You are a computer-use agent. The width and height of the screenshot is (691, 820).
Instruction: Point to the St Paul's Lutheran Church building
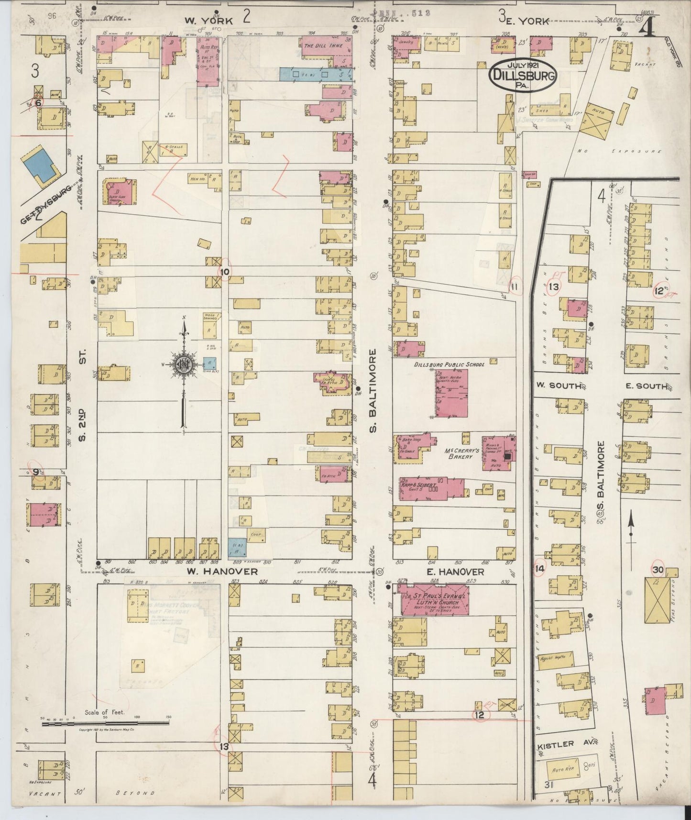pyautogui.click(x=434, y=599)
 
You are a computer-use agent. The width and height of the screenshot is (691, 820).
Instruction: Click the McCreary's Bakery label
pyautogui.click(x=458, y=453)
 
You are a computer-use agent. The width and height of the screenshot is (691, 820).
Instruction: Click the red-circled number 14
pyautogui.click(x=540, y=569)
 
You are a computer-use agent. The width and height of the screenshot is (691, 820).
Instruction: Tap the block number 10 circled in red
pyautogui.click(x=225, y=271)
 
